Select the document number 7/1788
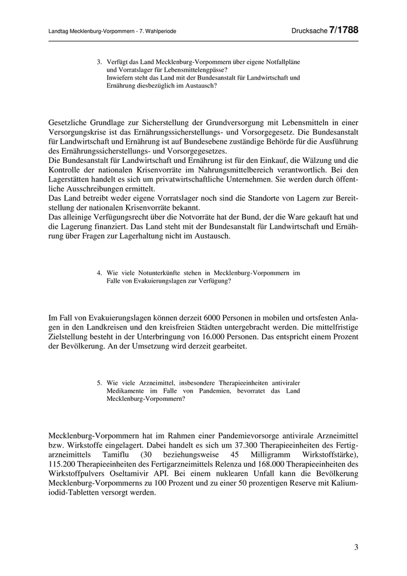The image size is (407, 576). (344, 30)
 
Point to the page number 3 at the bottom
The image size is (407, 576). (356, 547)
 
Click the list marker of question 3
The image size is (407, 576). (99, 61)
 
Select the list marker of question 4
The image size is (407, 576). (99, 272)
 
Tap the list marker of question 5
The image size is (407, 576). (99, 383)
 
